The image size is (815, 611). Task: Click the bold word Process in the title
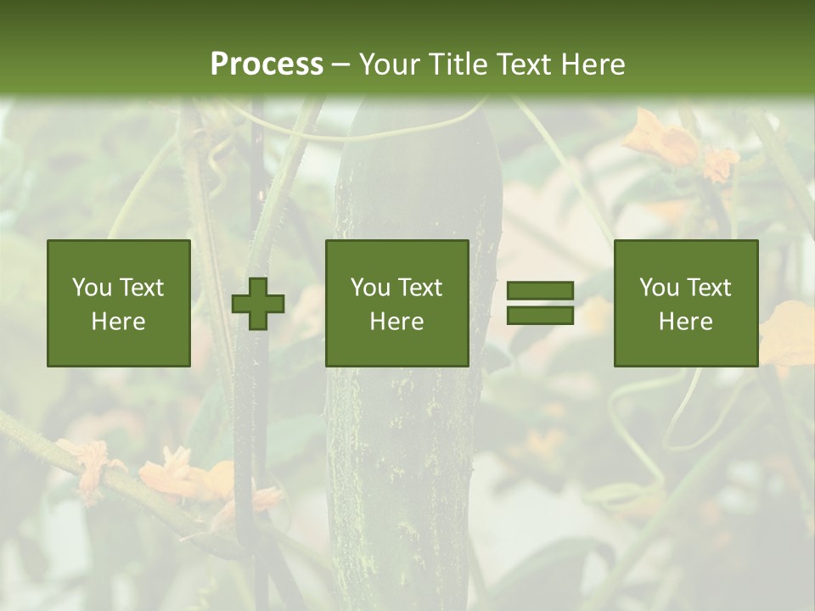point(267,64)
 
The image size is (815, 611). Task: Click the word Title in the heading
point(454,64)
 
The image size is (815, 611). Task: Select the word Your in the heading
point(386,64)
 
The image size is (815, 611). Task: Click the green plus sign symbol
point(258,304)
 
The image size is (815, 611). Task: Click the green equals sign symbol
point(540,303)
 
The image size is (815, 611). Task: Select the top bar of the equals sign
point(540,291)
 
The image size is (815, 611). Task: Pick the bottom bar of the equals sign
point(540,315)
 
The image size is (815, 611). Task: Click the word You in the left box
point(91,288)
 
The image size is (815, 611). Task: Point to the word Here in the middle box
point(396,322)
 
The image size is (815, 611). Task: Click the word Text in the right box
point(710,288)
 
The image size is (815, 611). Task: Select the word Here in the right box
point(685,322)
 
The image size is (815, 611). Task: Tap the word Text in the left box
point(141,288)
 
